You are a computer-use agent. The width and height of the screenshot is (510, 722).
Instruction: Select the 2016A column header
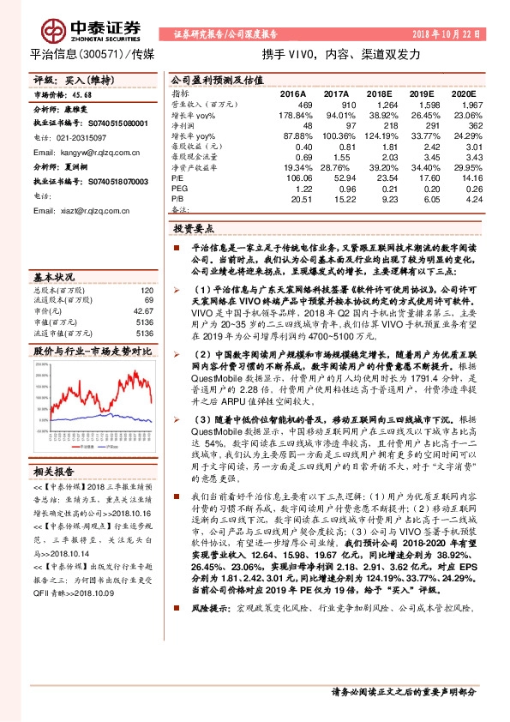(292, 93)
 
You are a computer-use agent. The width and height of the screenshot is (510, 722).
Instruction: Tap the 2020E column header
(462, 93)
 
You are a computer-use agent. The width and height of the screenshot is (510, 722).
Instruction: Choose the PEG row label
(178, 187)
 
